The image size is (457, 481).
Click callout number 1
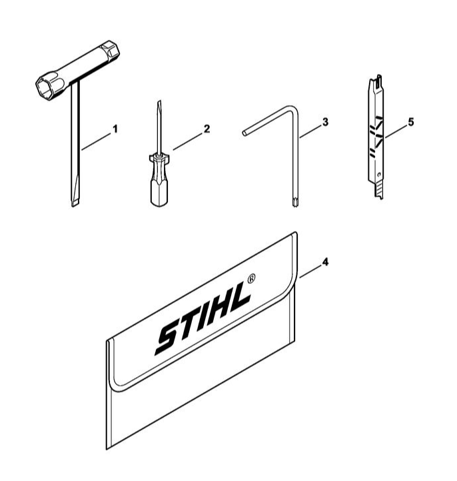tap(115, 129)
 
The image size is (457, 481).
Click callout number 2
tap(207, 129)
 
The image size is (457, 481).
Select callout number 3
tap(325, 122)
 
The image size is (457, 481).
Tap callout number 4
tap(325, 262)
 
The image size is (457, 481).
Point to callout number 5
tap(410, 122)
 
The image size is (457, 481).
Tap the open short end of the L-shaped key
tap(244, 133)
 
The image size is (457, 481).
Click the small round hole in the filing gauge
tap(380, 175)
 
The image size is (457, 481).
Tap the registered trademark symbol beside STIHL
tap(251, 278)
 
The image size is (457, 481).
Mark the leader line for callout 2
tap(188, 142)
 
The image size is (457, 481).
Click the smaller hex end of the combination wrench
tap(111, 50)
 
